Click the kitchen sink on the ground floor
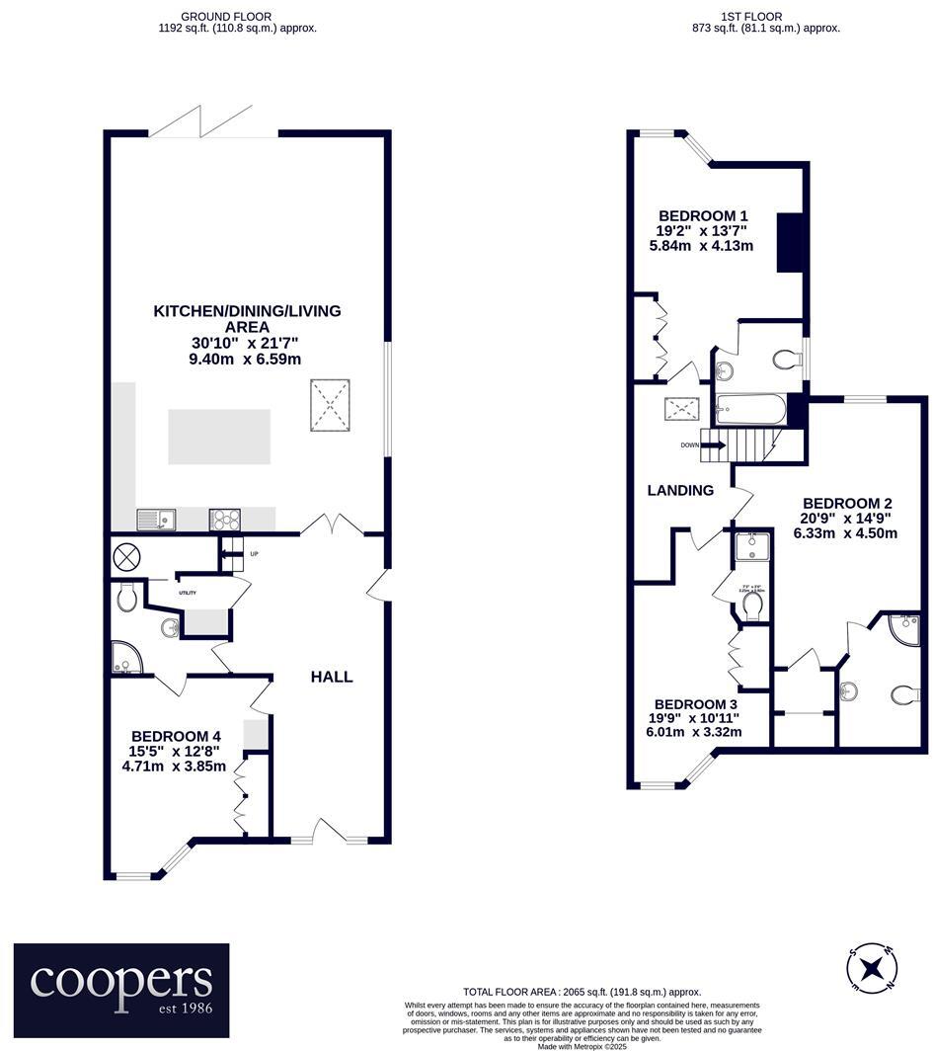[156, 519]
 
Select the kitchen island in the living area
[218, 437]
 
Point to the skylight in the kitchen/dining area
[331, 406]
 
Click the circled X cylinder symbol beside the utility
[127, 556]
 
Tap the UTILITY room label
[187, 593]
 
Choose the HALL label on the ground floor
[332, 677]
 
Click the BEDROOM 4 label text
[176, 736]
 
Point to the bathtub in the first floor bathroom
[750, 406]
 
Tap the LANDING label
[680, 490]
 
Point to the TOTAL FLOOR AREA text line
[582, 991]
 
